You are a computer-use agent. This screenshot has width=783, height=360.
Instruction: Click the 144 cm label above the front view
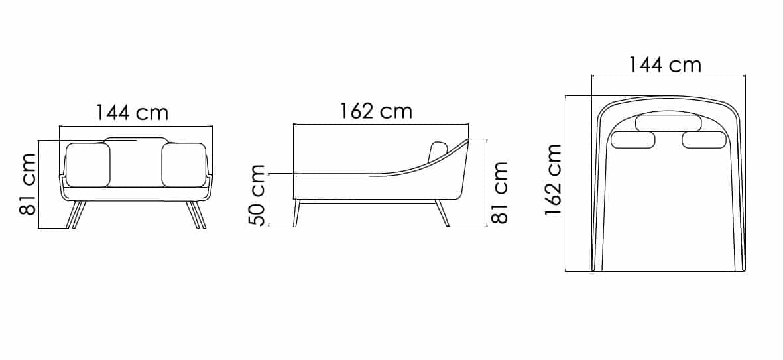tap(133, 113)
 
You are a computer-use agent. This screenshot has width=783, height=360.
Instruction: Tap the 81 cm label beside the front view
tap(28, 184)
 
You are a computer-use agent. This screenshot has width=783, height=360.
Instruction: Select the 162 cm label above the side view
tap(377, 111)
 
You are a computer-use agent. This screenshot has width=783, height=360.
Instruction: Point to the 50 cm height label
tap(257, 195)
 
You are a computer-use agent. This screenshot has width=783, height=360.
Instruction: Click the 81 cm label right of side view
tap(499, 193)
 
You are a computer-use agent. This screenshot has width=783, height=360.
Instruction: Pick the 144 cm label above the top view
tap(664, 64)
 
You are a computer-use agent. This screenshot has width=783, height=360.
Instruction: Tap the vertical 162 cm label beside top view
tap(554, 180)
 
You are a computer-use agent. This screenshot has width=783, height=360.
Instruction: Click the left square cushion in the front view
tap(88, 165)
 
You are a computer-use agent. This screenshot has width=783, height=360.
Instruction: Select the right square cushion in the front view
tap(184, 165)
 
